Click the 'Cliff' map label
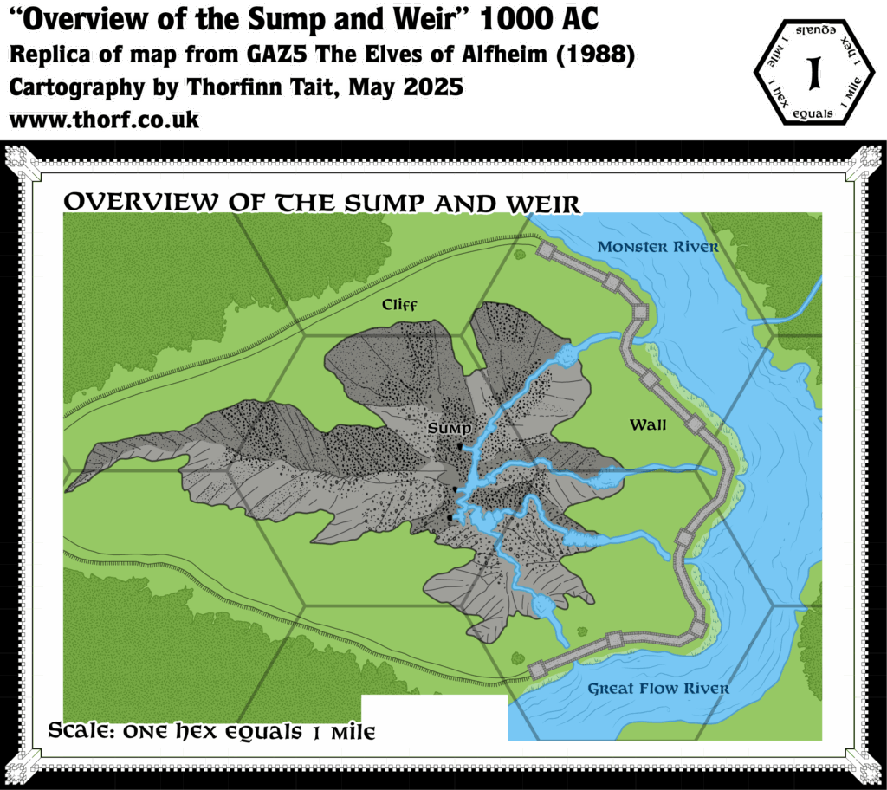[400, 305]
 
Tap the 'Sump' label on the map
[449, 429]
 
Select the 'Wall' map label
[648, 424]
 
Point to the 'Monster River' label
[657, 247]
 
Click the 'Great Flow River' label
[658, 689]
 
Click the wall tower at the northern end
[546, 250]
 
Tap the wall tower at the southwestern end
[534, 668]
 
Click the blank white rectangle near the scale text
[433, 717]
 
